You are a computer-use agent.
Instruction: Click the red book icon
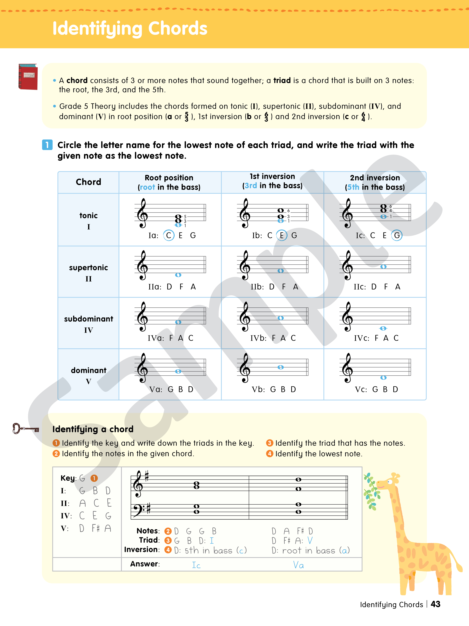[28, 77]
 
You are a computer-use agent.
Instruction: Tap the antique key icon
[25, 429]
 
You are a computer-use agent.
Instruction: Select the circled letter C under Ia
[169, 235]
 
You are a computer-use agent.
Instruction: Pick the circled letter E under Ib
[282, 235]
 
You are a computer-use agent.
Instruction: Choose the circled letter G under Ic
[397, 235]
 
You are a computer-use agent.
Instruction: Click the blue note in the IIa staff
[178, 275]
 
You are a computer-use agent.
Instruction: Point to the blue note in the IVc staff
[383, 328]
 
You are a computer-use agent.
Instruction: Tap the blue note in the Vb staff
[280, 367]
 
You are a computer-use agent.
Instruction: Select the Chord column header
[88, 182]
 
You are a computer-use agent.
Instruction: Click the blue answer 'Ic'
[196, 565]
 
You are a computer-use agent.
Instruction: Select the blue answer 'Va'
[298, 565]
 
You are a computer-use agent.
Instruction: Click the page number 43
[435, 604]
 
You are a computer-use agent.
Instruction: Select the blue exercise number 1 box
[47, 145]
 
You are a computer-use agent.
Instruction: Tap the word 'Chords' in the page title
[178, 29]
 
